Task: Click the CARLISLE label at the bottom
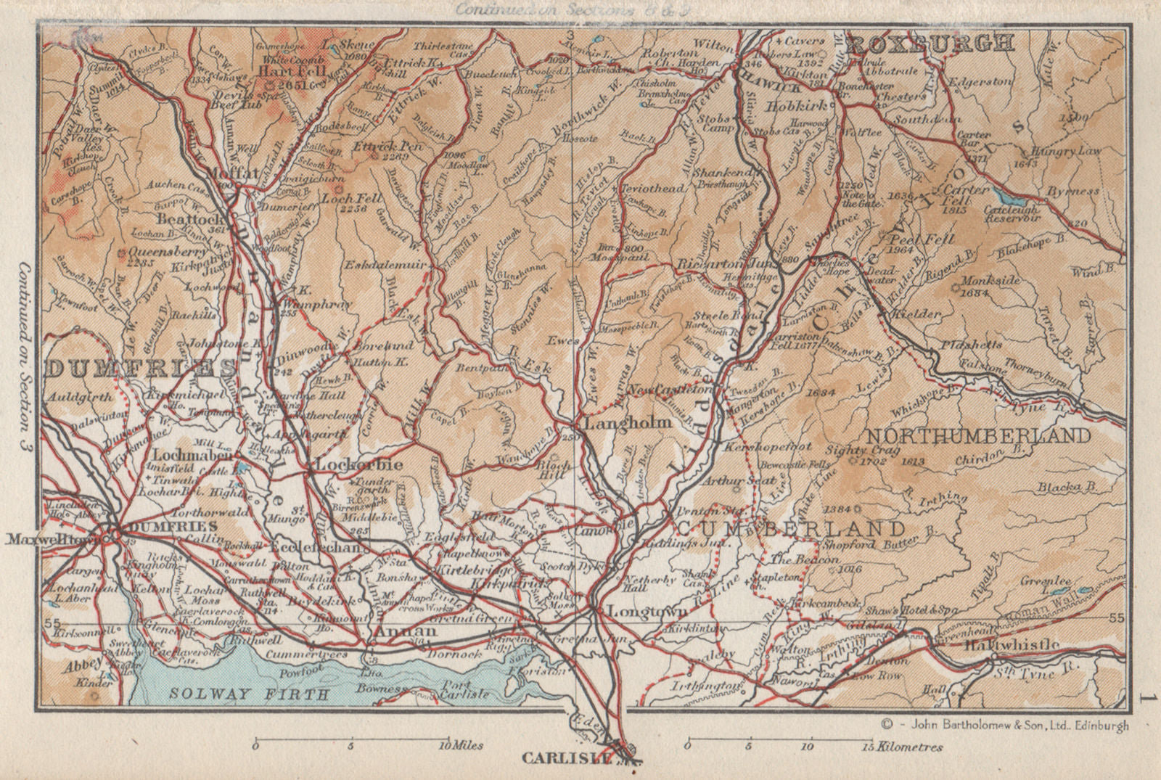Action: [563, 760]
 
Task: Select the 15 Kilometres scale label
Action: [910, 746]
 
